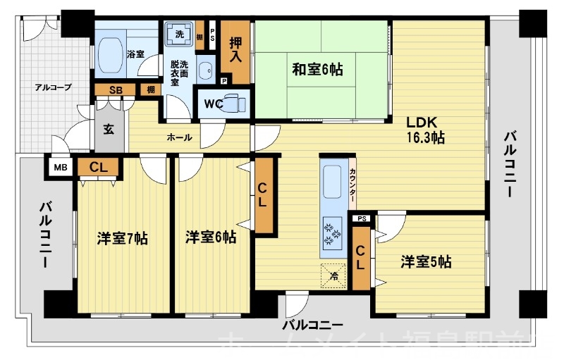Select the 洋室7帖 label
[x=122, y=238]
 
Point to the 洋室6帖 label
[x=211, y=238]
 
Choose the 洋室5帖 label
[x=426, y=262]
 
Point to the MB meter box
[x=60, y=167]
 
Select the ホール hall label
[x=179, y=137]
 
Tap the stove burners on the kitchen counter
[x=329, y=232]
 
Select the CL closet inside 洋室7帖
[x=98, y=167]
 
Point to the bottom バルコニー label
[x=312, y=325]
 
